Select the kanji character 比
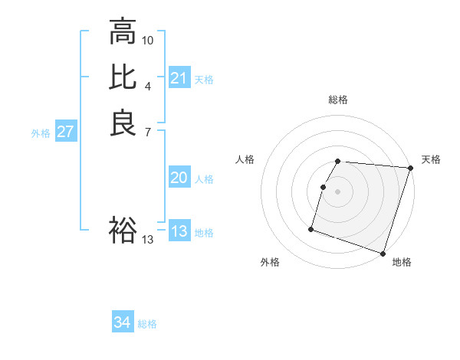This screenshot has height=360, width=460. click(123, 77)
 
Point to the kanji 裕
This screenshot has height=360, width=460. click(123, 230)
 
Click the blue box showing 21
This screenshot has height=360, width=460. click(179, 78)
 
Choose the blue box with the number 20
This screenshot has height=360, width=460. click(179, 178)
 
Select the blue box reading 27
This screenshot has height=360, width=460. click(66, 132)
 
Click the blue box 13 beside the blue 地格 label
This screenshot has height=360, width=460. click(179, 231)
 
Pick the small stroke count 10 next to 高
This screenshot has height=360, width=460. click(148, 40)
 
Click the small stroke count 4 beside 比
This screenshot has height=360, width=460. click(148, 85)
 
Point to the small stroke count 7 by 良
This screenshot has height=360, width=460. click(148, 131)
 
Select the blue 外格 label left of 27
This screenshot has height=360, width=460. click(41, 133)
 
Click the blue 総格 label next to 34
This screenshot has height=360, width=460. click(148, 323)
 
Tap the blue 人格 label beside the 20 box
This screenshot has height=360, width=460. click(204, 178)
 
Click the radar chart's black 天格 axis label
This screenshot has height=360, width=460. click(431, 159)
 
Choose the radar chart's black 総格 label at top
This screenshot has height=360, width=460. click(338, 100)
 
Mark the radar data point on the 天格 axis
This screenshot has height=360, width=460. click(410, 168)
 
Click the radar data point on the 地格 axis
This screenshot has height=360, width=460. click(383, 253)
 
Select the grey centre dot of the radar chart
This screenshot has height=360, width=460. click(338, 191)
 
